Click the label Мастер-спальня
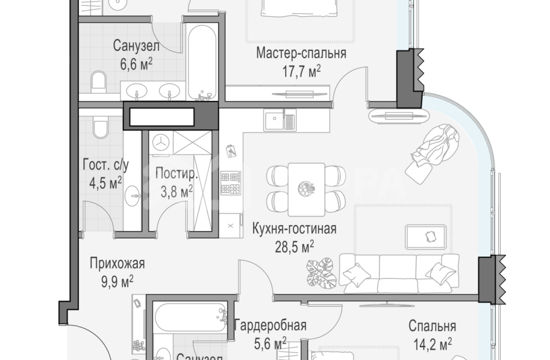coord(301,54)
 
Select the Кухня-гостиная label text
coord(294,229)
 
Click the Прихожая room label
coord(117,264)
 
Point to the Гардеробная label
coord(270,325)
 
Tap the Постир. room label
coord(175,173)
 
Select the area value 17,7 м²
coord(301,70)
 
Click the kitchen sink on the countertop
coord(280,121)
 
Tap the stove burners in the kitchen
coord(230,182)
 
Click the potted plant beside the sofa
coord(321,273)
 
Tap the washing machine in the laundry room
coord(160,141)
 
